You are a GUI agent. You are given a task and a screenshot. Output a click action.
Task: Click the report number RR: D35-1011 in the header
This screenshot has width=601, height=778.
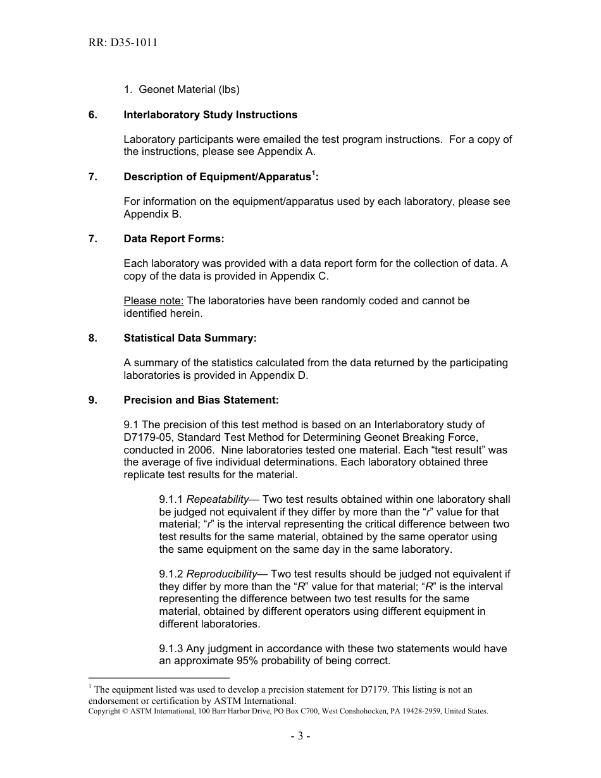[x=123, y=43]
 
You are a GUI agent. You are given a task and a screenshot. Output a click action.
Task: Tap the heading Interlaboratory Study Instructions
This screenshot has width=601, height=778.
[x=210, y=115]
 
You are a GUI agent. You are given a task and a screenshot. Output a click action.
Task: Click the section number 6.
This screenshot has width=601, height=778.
[x=93, y=115]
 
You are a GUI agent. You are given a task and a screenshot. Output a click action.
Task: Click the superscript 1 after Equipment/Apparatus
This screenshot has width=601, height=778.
[x=313, y=174]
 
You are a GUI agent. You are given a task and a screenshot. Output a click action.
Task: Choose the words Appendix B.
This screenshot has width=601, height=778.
[x=152, y=214]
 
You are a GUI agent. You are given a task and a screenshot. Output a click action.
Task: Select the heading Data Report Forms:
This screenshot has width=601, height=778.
[x=174, y=239]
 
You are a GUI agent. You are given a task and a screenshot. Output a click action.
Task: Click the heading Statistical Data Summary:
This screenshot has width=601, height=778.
[x=190, y=338]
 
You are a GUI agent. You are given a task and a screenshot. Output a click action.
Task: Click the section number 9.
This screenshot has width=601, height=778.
[x=93, y=400]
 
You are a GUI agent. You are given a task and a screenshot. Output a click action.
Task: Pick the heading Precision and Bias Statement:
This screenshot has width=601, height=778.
[x=201, y=400]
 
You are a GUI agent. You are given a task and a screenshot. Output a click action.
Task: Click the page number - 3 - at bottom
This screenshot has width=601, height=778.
[x=300, y=736]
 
